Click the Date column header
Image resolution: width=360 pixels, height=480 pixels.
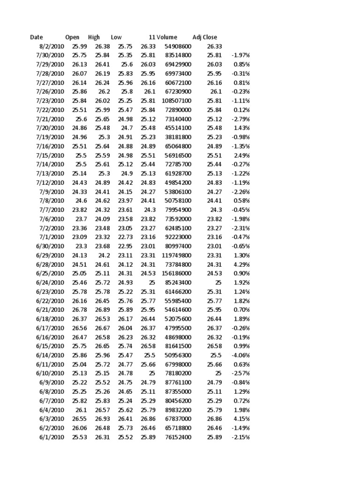point(36,37)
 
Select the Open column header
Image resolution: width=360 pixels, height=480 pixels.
point(73,37)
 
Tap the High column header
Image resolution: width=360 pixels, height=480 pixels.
point(94,37)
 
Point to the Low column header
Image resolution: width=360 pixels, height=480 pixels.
point(116,37)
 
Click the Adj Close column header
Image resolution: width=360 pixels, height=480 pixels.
point(205,37)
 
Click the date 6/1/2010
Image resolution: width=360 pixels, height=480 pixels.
point(52,437)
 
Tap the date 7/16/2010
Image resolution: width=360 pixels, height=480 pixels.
point(50,146)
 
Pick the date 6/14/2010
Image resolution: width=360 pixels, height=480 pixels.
point(50,355)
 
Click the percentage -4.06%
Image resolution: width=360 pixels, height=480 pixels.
point(240,355)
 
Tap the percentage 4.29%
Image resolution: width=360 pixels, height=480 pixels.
point(242,264)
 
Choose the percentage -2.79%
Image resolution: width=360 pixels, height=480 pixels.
point(240,119)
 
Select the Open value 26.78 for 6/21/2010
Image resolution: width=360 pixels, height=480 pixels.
point(79,310)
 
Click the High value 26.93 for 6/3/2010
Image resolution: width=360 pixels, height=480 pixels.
point(102,419)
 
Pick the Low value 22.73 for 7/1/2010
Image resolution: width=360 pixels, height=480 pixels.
point(125,237)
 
